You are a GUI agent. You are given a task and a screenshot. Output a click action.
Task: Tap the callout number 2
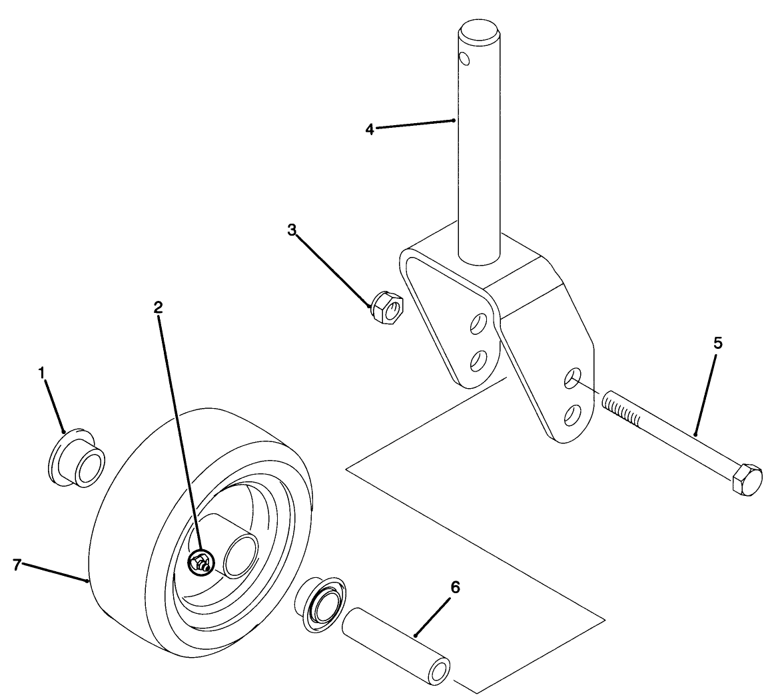tap(158, 307)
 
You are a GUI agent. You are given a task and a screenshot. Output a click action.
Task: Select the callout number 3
tap(292, 230)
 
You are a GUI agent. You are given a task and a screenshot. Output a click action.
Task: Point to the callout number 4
tap(370, 128)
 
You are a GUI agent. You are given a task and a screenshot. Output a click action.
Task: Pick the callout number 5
tap(717, 344)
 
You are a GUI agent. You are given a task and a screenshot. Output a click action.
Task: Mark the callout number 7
tap(17, 565)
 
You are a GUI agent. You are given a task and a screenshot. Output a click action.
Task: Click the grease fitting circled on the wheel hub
tap(200, 564)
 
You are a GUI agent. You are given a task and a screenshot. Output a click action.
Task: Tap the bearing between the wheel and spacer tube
tap(321, 604)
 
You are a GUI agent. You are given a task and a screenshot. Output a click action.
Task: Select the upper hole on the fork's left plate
tap(478, 326)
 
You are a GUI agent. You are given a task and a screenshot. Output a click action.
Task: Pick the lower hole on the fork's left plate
tap(477, 361)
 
